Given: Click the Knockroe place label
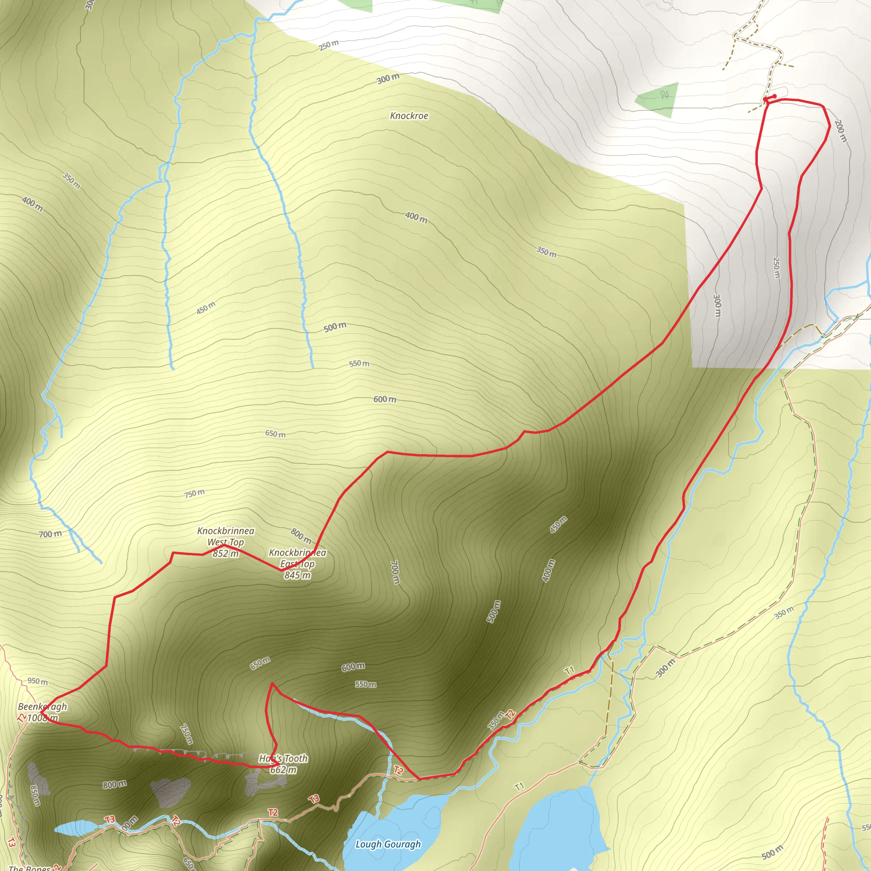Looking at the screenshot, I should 409,116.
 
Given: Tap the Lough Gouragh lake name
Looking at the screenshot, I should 388,844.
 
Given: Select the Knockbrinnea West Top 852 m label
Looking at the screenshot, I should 225,542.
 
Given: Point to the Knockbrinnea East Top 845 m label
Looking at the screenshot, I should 297,564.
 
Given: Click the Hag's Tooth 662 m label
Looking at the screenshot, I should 283,764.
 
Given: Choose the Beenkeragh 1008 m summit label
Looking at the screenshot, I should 43,712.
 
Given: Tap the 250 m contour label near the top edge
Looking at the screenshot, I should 329,45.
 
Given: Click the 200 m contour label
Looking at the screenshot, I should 840,131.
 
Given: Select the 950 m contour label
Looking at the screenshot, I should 37,681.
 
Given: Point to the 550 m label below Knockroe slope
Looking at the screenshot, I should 359,363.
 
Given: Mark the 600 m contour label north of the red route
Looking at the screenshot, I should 384,399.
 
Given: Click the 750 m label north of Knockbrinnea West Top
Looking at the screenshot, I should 194,494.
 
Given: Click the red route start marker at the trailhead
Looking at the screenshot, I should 770,98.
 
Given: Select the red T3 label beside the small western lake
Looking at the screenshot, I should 110,819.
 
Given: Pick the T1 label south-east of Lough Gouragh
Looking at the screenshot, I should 519,787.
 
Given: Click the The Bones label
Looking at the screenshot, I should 29,868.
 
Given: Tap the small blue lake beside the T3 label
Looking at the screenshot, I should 74,826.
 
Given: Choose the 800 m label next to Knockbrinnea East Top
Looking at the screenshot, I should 301,535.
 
